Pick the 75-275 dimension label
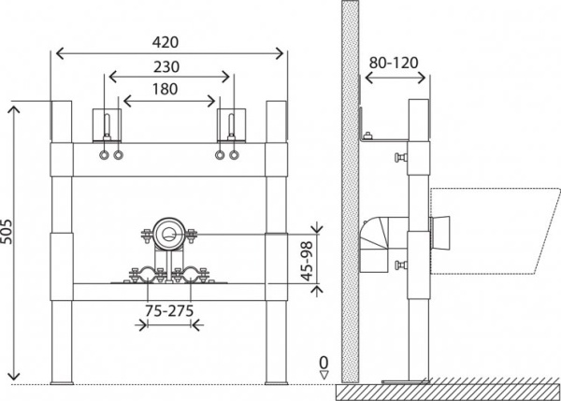(168, 312)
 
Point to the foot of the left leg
(63, 380)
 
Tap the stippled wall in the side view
(348, 187)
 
